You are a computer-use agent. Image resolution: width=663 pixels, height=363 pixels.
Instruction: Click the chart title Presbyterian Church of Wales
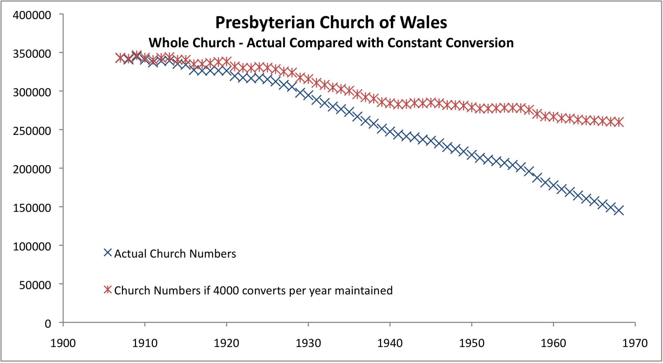click(331, 23)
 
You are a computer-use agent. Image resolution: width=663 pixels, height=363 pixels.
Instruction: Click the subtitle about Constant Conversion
click(331, 43)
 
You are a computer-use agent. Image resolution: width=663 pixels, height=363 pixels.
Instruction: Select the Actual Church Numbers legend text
click(175, 254)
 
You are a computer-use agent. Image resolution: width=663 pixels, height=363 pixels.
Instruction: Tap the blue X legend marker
click(108, 253)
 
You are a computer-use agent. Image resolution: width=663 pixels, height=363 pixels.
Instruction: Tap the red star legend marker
click(108, 290)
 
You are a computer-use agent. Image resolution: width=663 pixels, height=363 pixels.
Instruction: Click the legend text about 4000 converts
click(253, 291)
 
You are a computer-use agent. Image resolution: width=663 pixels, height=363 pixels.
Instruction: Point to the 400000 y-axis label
click(32, 15)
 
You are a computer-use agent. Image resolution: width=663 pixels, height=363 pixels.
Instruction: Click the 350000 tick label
click(32, 54)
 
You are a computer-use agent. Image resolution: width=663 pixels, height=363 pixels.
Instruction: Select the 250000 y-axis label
click(32, 131)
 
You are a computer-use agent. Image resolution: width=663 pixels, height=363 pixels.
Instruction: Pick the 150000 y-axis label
click(32, 208)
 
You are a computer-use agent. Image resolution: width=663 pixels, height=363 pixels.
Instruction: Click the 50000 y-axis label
click(35, 285)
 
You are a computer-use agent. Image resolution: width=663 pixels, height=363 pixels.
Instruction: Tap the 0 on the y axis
click(48, 324)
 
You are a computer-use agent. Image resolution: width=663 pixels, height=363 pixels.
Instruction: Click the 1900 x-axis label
click(63, 343)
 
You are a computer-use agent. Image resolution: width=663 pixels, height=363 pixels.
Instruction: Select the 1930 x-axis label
click(308, 343)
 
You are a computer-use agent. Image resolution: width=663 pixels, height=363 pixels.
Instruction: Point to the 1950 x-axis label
click(472, 343)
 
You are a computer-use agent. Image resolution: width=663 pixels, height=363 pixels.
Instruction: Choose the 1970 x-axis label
click(635, 343)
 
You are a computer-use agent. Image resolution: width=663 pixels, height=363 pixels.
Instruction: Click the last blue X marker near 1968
click(619, 210)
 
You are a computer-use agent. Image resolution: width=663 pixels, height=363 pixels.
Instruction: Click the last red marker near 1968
click(619, 122)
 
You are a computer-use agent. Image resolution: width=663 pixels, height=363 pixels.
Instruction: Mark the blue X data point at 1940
click(390, 132)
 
